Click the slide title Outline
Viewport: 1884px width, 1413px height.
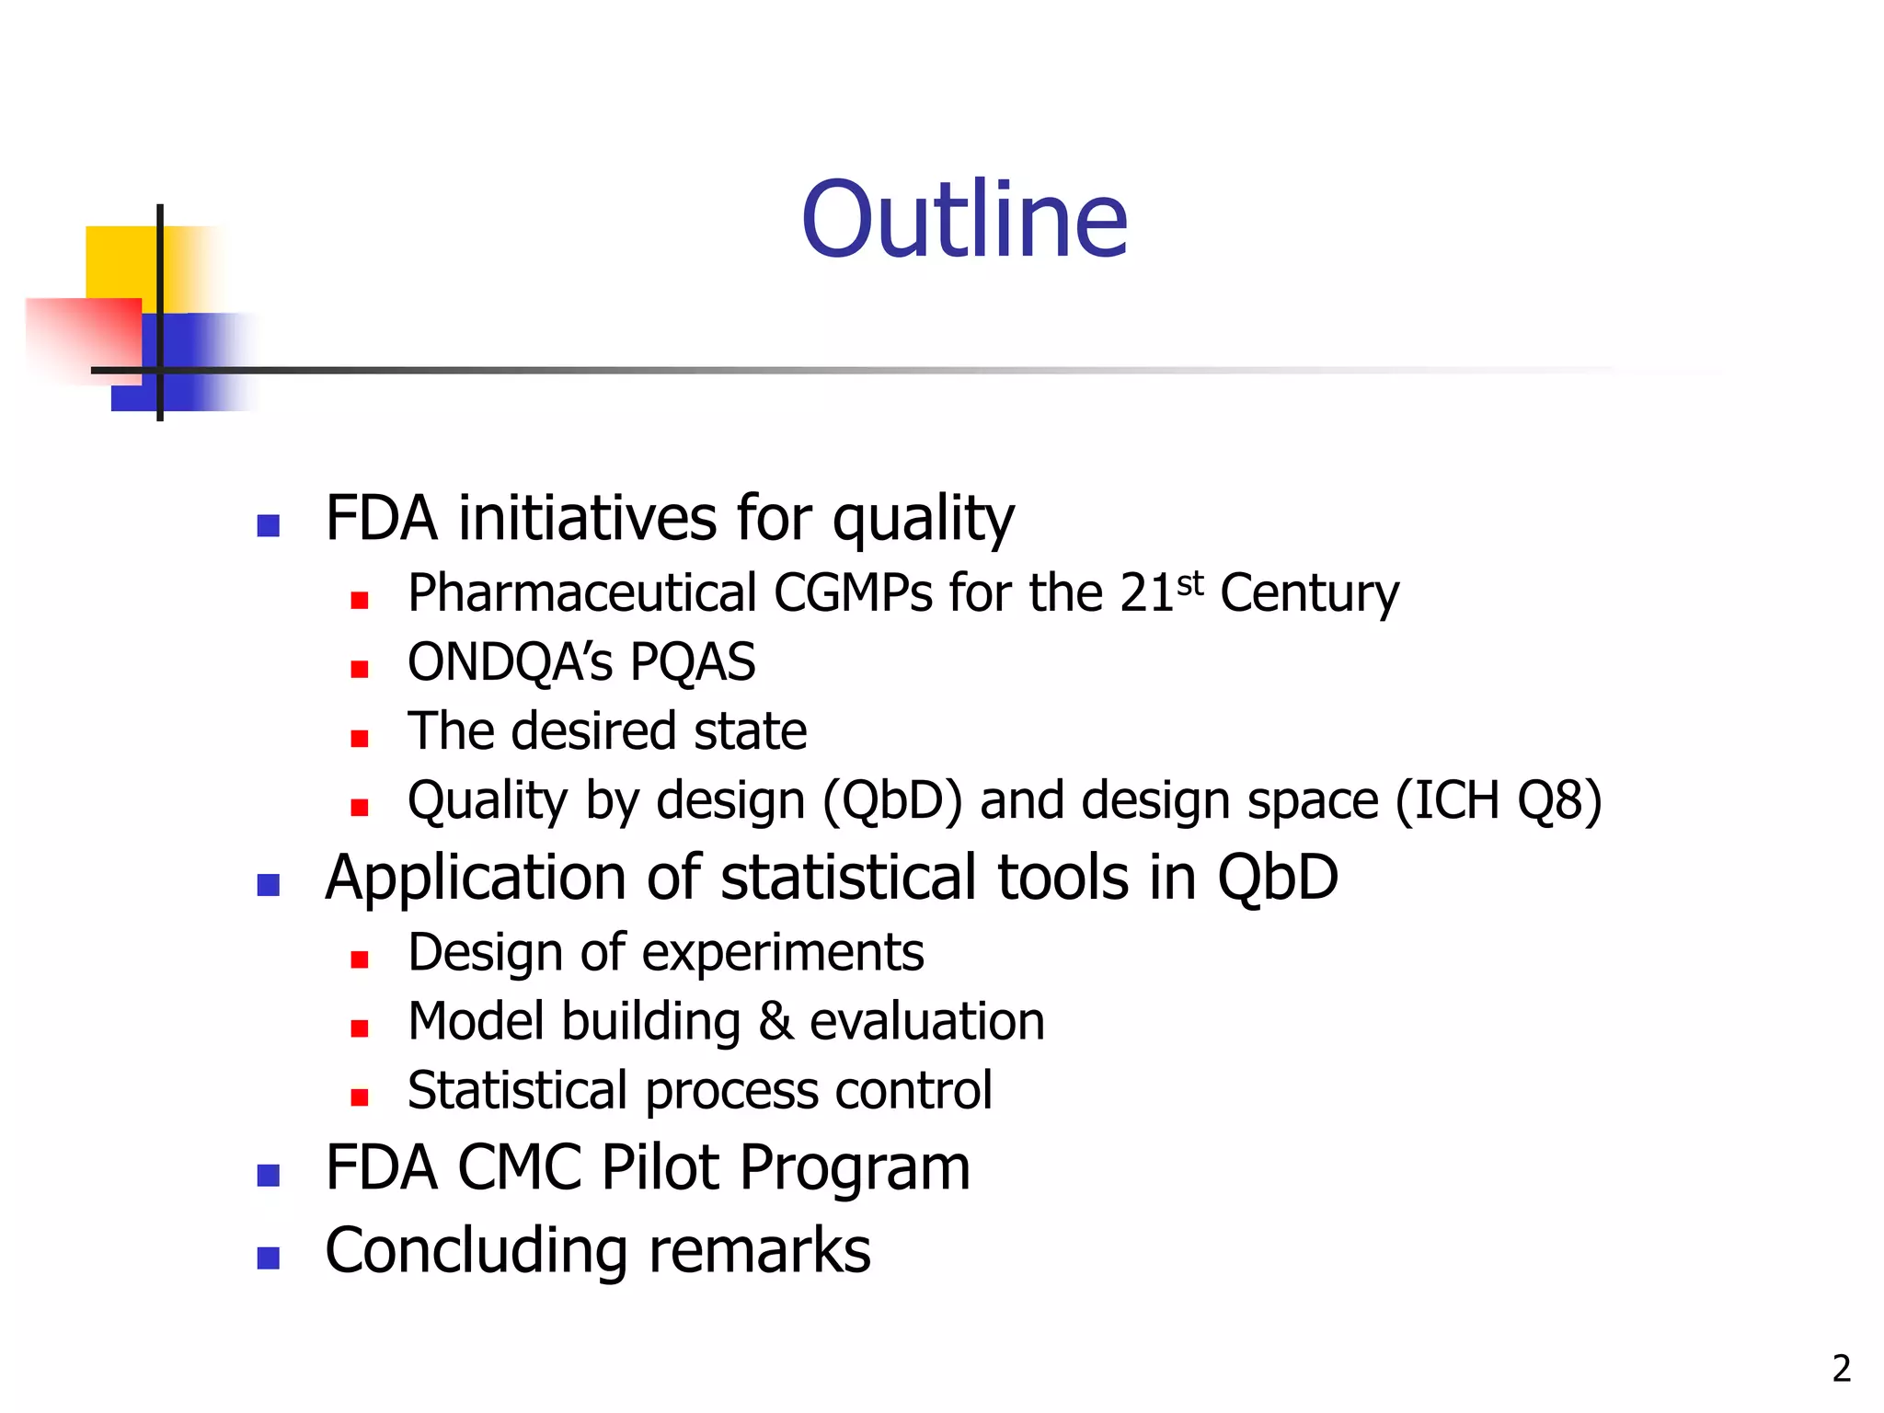(964, 220)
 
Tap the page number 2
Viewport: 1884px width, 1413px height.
(1841, 1369)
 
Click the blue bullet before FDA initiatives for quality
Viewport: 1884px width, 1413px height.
(268, 525)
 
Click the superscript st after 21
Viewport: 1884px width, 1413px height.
(1189, 583)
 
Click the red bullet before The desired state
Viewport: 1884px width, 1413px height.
(360, 738)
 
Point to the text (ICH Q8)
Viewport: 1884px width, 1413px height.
(1499, 800)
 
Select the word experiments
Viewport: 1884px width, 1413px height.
(782, 953)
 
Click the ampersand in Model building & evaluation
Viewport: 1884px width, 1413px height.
(775, 1022)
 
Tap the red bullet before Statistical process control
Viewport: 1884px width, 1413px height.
(360, 1097)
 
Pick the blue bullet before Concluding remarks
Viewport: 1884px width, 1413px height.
(268, 1258)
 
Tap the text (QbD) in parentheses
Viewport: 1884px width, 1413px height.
(891, 800)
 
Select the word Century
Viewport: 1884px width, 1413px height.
(1309, 593)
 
